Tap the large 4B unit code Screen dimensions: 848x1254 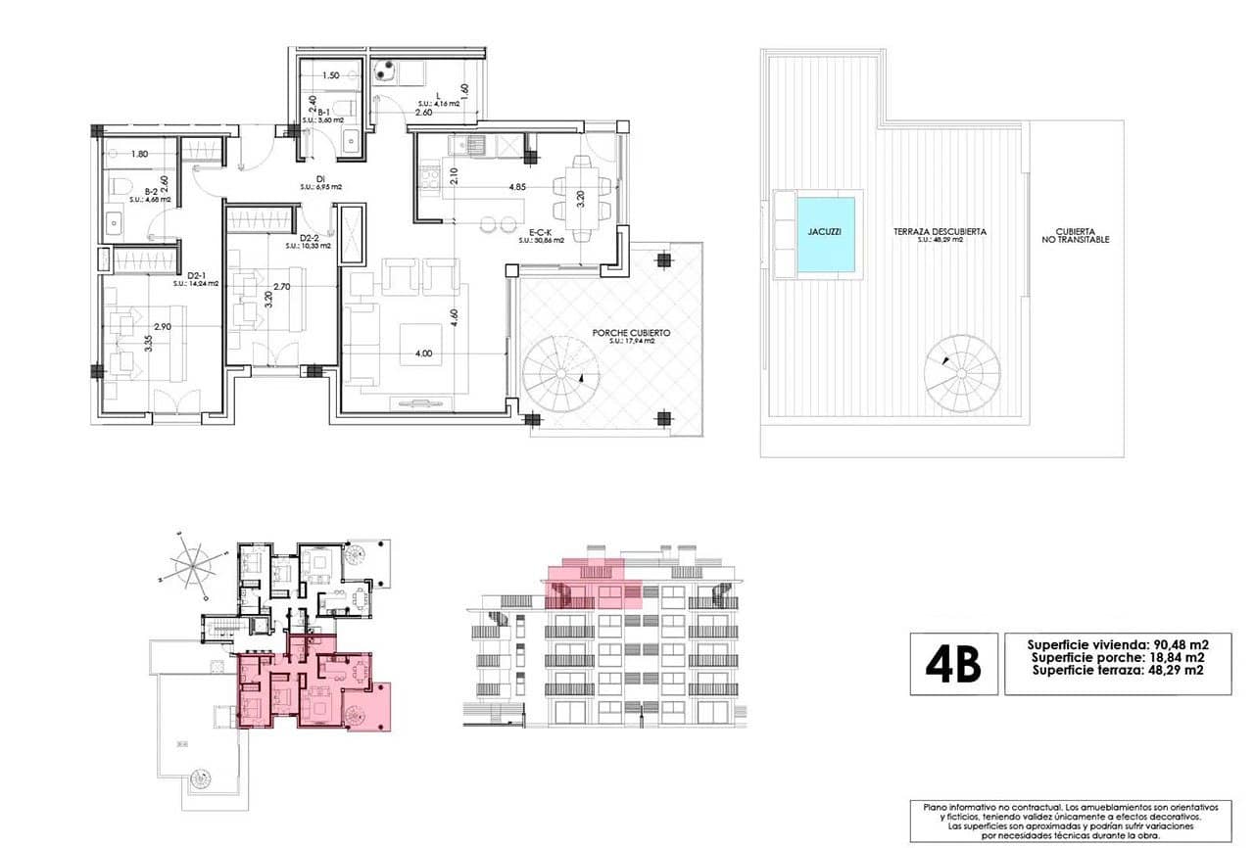(x=953, y=664)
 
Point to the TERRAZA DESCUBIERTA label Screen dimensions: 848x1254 (x=940, y=232)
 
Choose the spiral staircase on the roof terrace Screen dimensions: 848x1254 (x=962, y=372)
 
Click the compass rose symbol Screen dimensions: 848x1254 (x=195, y=564)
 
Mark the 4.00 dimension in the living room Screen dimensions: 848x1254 (x=422, y=353)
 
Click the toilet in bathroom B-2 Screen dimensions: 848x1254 (x=117, y=186)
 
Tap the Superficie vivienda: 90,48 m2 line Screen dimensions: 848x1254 (x=1117, y=644)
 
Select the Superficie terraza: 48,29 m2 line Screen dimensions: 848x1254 (x=1117, y=671)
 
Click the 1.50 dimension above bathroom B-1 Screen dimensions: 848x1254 (x=331, y=75)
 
